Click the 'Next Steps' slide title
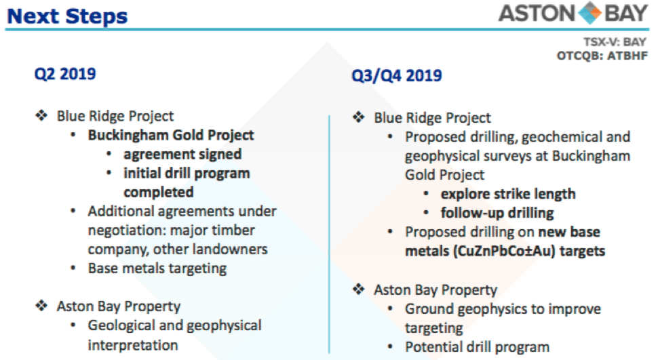(x=68, y=16)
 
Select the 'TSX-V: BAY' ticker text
(x=615, y=42)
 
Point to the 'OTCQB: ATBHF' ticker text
(x=602, y=56)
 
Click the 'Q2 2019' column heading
(x=65, y=74)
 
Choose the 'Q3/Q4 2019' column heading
(x=397, y=75)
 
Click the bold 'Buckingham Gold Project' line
(x=171, y=135)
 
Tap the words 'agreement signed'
(x=182, y=155)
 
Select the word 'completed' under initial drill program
(x=159, y=192)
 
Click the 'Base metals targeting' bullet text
(x=157, y=268)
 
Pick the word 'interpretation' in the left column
(x=132, y=345)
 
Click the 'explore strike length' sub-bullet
(x=508, y=194)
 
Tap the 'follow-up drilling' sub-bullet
(x=497, y=213)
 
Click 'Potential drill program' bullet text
(x=477, y=347)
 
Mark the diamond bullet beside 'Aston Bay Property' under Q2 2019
(x=41, y=306)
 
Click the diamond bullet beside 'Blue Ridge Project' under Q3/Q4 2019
(x=358, y=117)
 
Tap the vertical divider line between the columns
(x=330, y=234)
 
